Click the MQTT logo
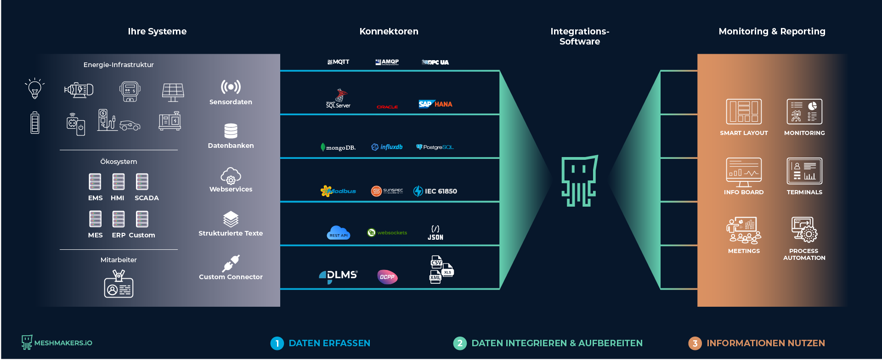coord(339,62)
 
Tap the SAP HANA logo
coord(435,104)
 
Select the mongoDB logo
coord(338,147)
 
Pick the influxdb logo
coord(387,147)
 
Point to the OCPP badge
coord(387,277)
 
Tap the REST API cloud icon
coord(339,233)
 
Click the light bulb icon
coord(34,88)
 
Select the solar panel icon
coord(173,92)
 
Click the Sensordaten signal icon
coord(231,87)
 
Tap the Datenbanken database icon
coord(231,131)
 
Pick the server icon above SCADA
coord(142,182)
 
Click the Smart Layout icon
coord(744,112)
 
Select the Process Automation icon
coord(804,230)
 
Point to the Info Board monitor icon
coord(744,172)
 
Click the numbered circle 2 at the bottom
coord(460,343)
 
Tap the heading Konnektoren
coord(389,31)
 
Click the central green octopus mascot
coord(579,181)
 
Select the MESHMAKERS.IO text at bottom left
coord(63,343)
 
